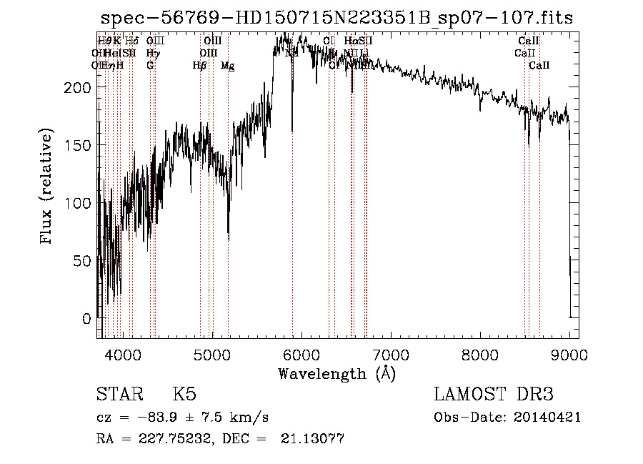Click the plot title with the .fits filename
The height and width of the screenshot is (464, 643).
click(337, 17)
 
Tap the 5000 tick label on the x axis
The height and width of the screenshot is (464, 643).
click(211, 354)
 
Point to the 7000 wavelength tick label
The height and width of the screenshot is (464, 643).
click(390, 354)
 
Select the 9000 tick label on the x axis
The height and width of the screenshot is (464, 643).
click(569, 354)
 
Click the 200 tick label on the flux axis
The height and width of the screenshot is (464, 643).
click(78, 87)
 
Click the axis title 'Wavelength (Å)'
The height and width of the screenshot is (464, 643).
click(337, 373)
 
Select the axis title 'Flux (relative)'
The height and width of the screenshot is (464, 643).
click(48, 187)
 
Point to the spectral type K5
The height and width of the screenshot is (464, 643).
click(184, 395)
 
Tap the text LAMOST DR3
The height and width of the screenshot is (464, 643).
click(494, 395)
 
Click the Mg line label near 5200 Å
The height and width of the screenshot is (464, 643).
click(227, 66)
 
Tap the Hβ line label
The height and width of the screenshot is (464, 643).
click(199, 66)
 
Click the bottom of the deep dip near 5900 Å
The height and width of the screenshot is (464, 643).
click(292, 130)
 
